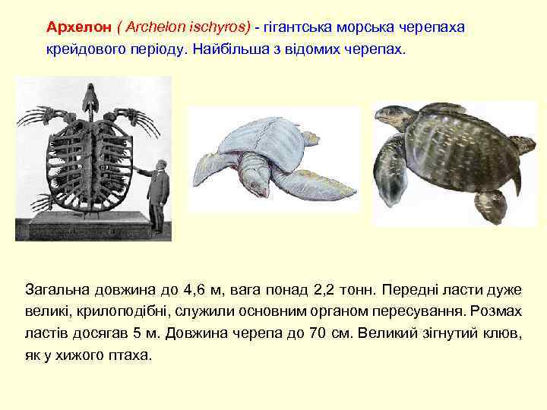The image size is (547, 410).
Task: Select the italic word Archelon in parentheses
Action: pos(150,27)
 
